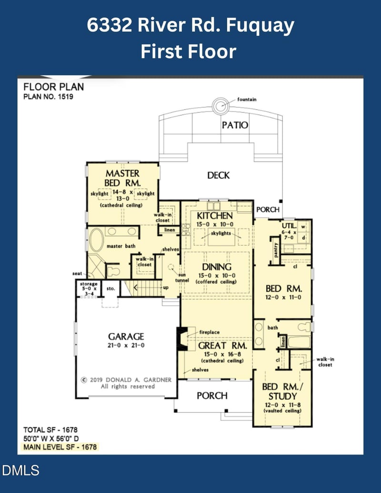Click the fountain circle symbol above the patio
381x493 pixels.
click(221, 106)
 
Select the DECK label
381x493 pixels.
click(219, 175)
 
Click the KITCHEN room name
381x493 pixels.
click(215, 216)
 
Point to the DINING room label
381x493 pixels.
click(217, 267)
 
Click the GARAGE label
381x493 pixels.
click(126, 337)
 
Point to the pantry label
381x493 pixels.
click(276, 249)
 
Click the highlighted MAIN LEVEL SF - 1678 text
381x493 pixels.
click(60, 447)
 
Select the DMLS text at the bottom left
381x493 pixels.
click(20, 471)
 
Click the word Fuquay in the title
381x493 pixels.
click(261, 26)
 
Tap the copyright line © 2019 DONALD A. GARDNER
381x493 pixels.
click(126, 380)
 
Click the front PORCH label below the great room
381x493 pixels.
click(212, 395)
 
